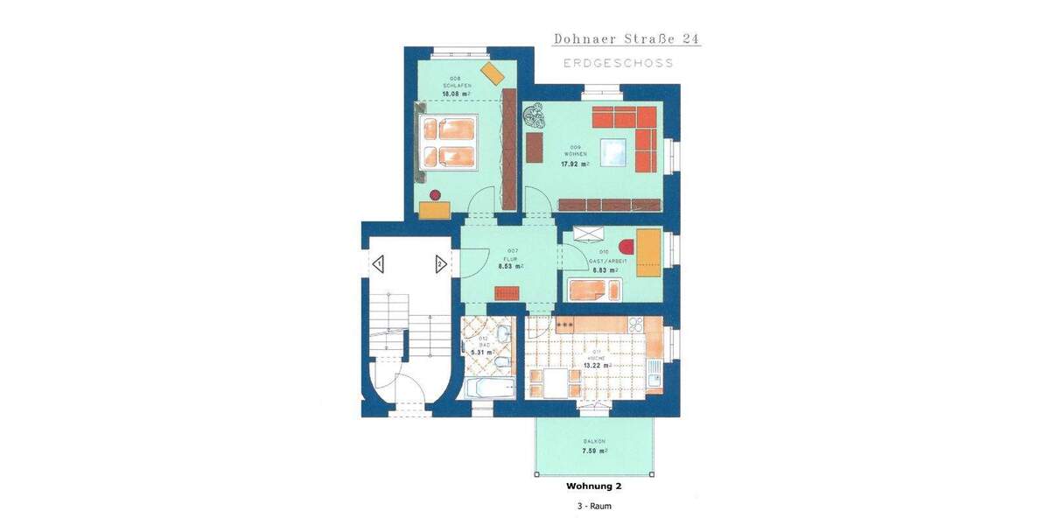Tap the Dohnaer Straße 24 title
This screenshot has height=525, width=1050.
[626, 38]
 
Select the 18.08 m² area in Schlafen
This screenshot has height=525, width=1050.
[456, 93]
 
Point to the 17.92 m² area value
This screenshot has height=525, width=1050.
[575, 163]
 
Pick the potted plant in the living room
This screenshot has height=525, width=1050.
[535, 116]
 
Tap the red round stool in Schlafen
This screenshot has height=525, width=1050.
[435, 194]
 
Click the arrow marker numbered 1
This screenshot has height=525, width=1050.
[378, 263]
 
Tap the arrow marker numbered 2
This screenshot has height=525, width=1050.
[440, 263]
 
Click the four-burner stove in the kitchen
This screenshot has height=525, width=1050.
[564, 325]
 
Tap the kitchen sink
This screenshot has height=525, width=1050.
[654, 377]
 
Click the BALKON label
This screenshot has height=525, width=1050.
[594, 441]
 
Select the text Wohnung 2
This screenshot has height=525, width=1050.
[594, 485]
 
